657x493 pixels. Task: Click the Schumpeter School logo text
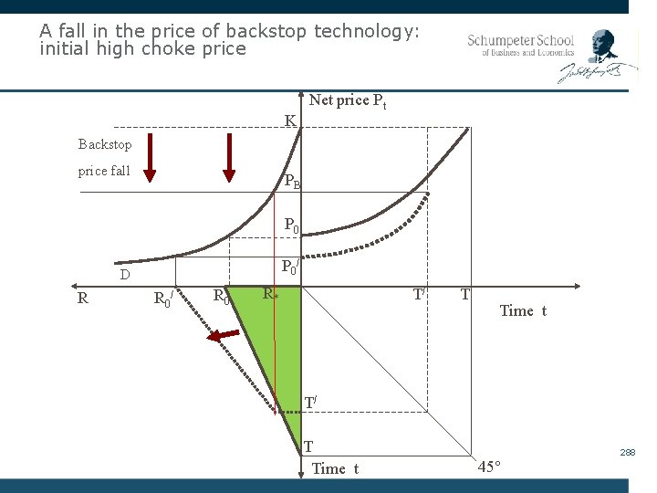pyautogui.click(x=520, y=46)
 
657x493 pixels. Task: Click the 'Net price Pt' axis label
pyautogui.click(x=347, y=101)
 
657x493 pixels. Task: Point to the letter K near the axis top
pyautogui.click(x=289, y=121)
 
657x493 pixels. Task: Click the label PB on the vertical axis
pyautogui.click(x=292, y=181)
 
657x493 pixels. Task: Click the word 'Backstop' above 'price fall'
pyautogui.click(x=105, y=144)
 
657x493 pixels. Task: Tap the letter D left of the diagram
pyautogui.click(x=125, y=274)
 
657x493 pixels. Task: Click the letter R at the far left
pyautogui.click(x=83, y=297)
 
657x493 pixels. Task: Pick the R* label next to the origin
pyautogui.click(x=270, y=294)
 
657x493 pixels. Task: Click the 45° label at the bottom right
pyautogui.click(x=489, y=467)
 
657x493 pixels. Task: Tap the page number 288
pyautogui.click(x=628, y=453)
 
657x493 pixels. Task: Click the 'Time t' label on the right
pyautogui.click(x=523, y=311)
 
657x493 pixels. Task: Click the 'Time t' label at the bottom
pyautogui.click(x=335, y=469)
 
